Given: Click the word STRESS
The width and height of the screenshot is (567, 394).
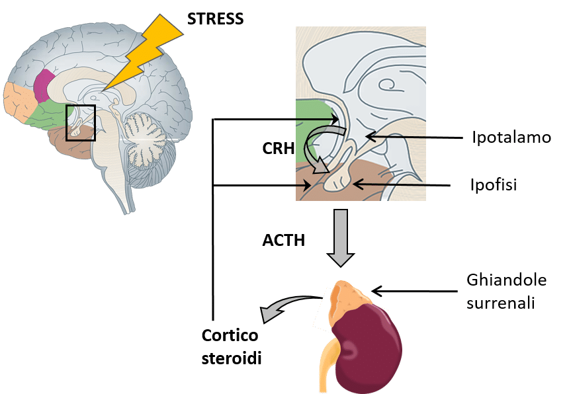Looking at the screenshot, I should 215,19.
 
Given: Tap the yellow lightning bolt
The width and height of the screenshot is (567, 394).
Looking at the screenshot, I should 144,56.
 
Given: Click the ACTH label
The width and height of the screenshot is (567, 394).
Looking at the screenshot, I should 284,240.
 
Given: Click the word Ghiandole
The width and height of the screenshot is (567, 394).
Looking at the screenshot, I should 506,280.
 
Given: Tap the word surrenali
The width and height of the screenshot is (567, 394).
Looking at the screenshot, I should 502,303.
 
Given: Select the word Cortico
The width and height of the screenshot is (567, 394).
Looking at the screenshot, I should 230,334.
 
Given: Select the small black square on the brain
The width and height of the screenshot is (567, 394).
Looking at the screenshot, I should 81,123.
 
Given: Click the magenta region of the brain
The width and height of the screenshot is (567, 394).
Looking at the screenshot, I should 46,85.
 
